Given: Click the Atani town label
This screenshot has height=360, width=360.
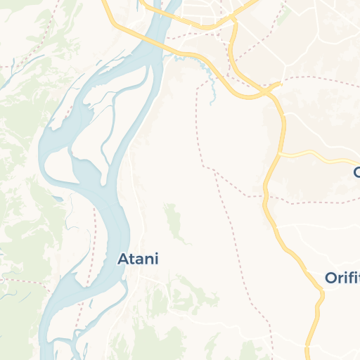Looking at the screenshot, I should pyautogui.click(x=138, y=259).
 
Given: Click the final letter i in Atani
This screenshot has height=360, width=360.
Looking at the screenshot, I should pyautogui.click(x=156, y=259).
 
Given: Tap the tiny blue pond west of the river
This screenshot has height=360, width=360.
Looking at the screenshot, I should pyautogui.click(x=69, y=226).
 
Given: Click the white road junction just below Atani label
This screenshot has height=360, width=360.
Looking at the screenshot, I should pyautogui.click(x=141, y=278).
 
